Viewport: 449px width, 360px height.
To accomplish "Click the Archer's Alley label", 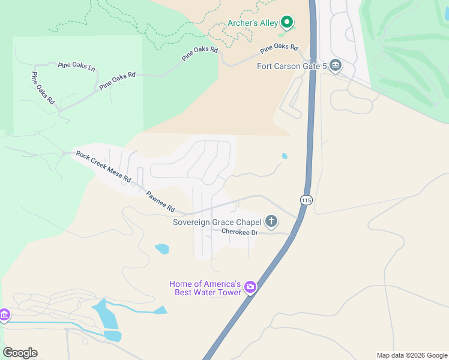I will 252,23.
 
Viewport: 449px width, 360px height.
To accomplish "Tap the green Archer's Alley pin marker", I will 287,23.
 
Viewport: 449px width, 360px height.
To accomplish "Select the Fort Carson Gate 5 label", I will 291,66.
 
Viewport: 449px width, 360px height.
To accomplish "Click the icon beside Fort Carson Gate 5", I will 335,65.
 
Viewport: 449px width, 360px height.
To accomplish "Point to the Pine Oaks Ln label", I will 77,66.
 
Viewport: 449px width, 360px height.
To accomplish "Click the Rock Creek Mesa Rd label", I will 103,166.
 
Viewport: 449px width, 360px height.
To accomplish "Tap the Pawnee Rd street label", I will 160,202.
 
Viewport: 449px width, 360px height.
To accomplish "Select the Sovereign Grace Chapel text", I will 217,222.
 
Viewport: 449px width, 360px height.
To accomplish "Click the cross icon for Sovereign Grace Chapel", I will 271,222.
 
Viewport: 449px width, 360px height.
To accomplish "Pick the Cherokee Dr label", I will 239,232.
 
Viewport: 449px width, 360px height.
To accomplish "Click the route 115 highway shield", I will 306,200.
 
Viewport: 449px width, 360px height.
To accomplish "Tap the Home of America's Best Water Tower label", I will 205,288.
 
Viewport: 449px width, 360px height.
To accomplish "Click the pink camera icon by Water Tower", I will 250,288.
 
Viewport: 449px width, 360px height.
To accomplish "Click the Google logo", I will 20,353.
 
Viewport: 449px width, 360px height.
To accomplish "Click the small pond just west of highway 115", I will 284,156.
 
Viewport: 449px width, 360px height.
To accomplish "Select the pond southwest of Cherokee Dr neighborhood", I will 161,248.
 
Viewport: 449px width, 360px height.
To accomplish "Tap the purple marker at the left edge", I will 4,315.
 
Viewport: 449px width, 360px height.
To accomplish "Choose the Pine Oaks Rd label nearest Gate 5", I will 279,47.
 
